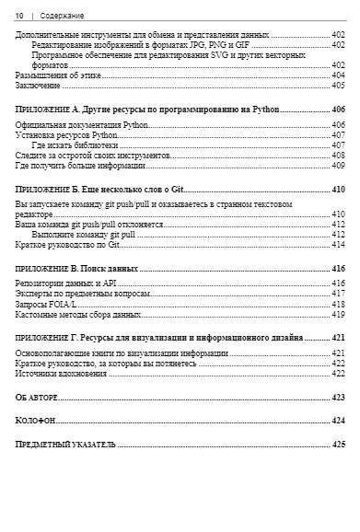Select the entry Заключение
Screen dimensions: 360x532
pyautogui.click(x=38, y=86)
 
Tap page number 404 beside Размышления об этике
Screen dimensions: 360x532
pyautogui.click(x=338, y=75)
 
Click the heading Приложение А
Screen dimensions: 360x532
pyautogui.click(x=147, y=110)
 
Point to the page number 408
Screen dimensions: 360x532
pyautogui.click(x=338, y=156)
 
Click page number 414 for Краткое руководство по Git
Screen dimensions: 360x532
pyautogui.click(x=338, y=245)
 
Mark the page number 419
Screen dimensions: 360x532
pyautogui.click(x=338, y=315)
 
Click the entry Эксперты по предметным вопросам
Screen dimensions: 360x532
pyautogui.click(x=83, y=294)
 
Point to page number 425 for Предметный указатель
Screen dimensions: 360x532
pyautogui.click(x=338, y=445)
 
